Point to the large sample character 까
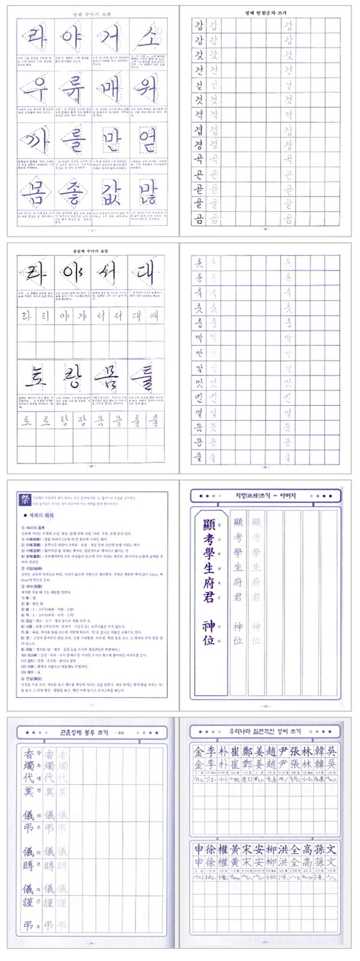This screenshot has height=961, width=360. point(36,141)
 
